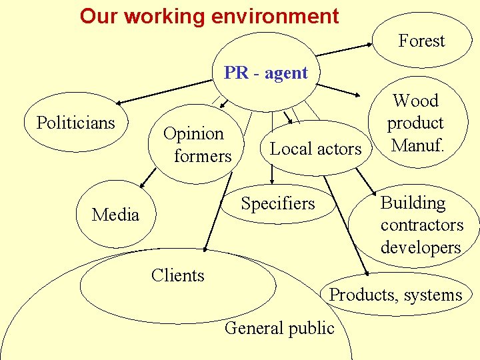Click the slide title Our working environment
(x=209, y=16)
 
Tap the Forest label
(x=421, y=41)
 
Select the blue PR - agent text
(x=266, y=73)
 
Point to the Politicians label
(x=76, y=123)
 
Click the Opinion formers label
(x=197, y=145)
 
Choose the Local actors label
(x=315, y=149)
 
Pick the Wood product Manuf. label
(x=416, y=123)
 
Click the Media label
(x=115, y=215)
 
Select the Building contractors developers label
(x=421, y=225)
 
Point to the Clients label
(x=177, y=275)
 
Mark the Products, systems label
(x=396, y=295)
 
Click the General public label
(x=279, y=328)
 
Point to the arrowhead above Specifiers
(x=273, y=181)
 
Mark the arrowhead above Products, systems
(x=365, y=272)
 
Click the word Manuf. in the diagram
(x=418, y=145)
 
